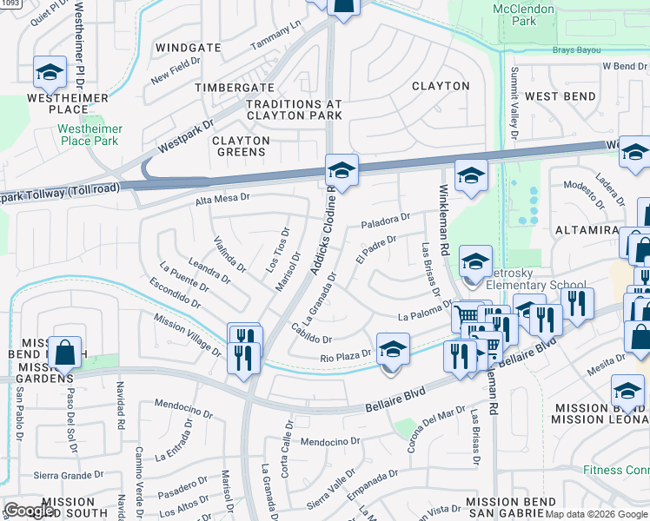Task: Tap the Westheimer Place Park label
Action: (90, 135)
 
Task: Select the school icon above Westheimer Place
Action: (50, 74)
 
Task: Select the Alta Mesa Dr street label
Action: (222, 198)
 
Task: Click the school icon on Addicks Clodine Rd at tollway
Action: (342, 171)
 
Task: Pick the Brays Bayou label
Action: (581, 49)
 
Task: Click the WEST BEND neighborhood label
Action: (560, 96)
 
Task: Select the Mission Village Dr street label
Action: (187, 333)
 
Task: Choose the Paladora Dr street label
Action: (385, 221)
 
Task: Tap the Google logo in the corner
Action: (30, 511)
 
